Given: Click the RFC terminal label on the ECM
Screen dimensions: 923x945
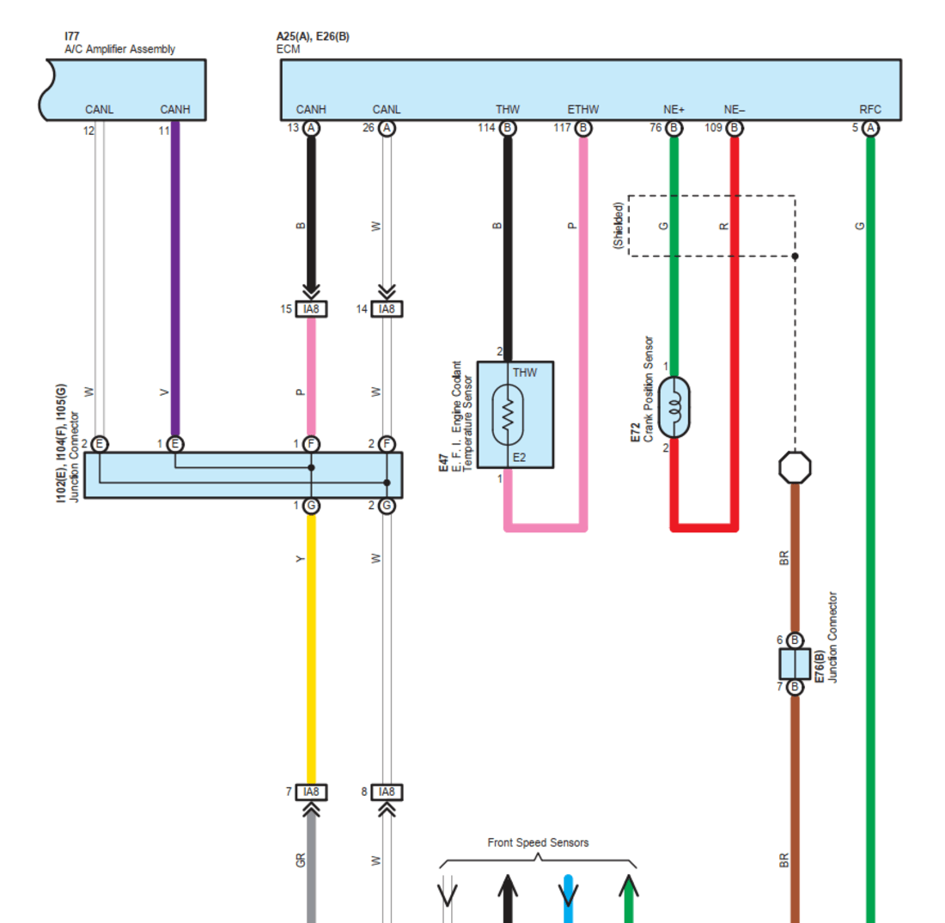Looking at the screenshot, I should click(x=870, y=110).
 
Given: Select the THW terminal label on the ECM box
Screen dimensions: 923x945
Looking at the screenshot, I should click(x=508, y=110).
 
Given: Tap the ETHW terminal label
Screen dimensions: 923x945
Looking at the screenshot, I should click(x=583, y=110).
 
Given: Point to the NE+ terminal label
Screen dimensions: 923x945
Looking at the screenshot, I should click(x=674, y=110).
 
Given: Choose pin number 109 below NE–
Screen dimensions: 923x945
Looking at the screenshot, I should click(x=713, y=129).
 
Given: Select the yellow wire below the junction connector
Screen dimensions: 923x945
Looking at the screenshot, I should click(x=312, y=644).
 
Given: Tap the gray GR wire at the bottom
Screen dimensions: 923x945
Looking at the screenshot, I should click(x=312, y=867).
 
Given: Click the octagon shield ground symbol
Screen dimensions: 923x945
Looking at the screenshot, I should click(x=795, y=468).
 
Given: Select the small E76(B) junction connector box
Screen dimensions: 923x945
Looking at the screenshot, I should click(x=795, y=664).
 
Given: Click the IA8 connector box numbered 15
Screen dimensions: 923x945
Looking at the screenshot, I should click(x=311, y=309).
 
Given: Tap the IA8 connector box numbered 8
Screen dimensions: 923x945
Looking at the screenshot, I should click(x=387, y=792).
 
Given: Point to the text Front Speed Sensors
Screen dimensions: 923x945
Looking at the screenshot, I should click(x=538, y=842).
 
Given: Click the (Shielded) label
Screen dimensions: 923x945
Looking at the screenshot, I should click(x=618, y=226).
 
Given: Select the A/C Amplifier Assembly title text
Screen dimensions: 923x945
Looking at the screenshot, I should click(x=120, y=49).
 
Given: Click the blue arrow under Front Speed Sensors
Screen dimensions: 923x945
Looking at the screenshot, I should click(x=568, y=897).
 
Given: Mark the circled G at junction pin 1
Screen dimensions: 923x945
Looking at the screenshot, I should click(x=312, y=506).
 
